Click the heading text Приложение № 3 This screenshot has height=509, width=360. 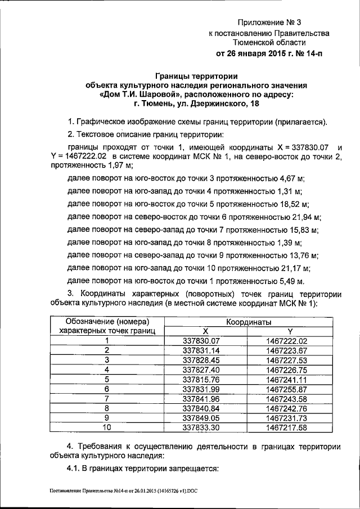(x=269, y=23)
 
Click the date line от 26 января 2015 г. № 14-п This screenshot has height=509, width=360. (x=269, y=54)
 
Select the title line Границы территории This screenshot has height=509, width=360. (x=196, y=76)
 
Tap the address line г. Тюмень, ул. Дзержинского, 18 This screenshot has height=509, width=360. (x=196, y=104)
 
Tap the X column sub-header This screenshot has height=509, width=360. (x=205, y=331)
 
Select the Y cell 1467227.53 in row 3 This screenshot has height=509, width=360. (x=287, y=360)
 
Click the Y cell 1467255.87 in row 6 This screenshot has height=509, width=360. (x=287, y=389)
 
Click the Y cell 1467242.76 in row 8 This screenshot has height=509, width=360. (x=287, y=408)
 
